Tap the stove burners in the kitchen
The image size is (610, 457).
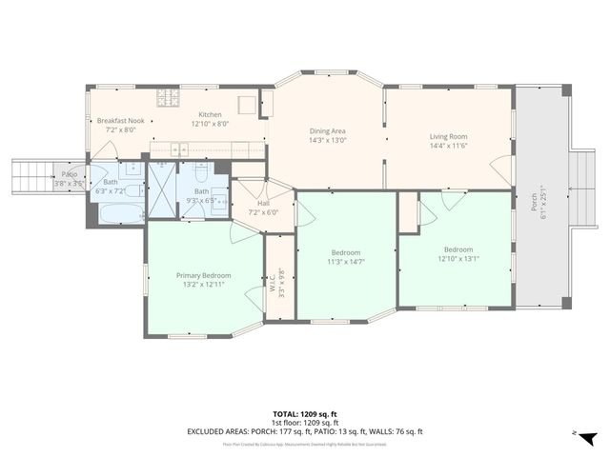tap(170, 98)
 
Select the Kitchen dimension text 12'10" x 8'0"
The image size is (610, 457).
tap(210, 123)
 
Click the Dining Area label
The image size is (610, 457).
tap(328, 130)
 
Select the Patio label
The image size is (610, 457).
tap(70, 174)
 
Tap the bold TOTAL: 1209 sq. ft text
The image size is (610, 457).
tap(304, 414)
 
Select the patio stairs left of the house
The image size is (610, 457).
tap(29, 176)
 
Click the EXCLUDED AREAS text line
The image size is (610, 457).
tap(304, 431)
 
